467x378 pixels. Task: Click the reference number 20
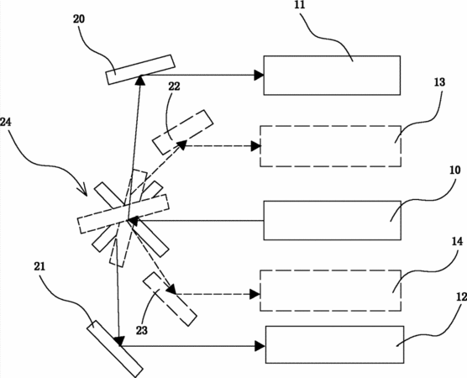79,19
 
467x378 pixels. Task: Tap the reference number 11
300,5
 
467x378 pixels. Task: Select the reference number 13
439,82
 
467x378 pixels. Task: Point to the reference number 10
454,170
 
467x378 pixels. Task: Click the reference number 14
457,241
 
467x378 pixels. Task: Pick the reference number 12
461,297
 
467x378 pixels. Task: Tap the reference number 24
6,122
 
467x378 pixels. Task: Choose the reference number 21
39,266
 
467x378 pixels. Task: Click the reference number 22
174,87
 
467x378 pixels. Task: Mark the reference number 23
142,330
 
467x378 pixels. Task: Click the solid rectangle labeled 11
332,76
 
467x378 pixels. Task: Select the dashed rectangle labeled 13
331,146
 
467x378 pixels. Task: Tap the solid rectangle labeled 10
332,220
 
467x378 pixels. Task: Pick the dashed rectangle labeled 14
331,291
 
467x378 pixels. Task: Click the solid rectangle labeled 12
334,344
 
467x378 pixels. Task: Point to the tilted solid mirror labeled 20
140,70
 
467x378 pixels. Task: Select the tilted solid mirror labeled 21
115,349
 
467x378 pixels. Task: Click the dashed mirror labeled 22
183,132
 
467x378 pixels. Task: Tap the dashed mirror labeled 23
170,299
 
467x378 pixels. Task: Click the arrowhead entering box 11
259,75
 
